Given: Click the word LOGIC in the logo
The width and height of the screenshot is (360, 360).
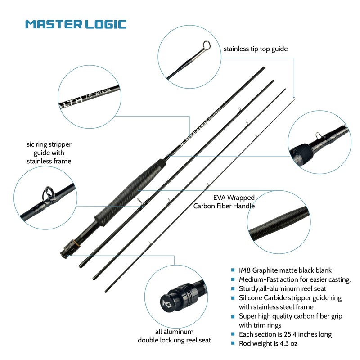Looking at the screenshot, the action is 103,24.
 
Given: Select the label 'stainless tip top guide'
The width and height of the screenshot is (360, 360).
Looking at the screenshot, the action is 255,49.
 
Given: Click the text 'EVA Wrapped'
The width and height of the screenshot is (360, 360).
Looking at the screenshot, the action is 234,198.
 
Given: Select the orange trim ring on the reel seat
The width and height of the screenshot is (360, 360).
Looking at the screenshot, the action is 77,243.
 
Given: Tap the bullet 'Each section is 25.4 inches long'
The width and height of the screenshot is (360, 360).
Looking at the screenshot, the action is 285,334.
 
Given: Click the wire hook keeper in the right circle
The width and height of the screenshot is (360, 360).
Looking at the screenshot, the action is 318,135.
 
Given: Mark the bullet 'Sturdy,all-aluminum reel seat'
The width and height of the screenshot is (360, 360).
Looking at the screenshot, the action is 283,288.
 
